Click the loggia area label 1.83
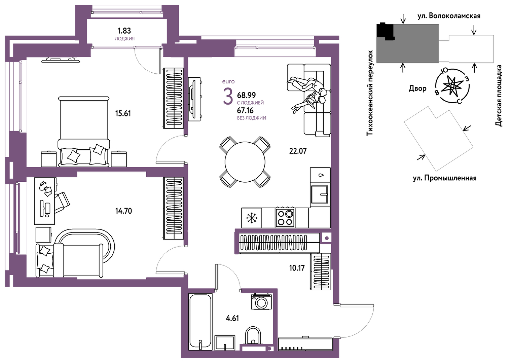click(124, 30)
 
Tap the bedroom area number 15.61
click(123, 113)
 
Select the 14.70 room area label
click(123, 211)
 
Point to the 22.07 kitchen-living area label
click(298, 151)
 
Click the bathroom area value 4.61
click(232, 318)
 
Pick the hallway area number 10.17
click(297, 268)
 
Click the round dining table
click(245, 162)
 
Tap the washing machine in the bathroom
click(261, 302)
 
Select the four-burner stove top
click(285, 217)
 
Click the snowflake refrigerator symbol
click(252, 218)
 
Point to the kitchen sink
click(320, 194)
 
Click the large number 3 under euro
click(228, 97)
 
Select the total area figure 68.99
click(246, 95)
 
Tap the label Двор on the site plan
click(417, 88)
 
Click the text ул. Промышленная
click(445, 178)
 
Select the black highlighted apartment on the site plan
click(386, 31)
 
